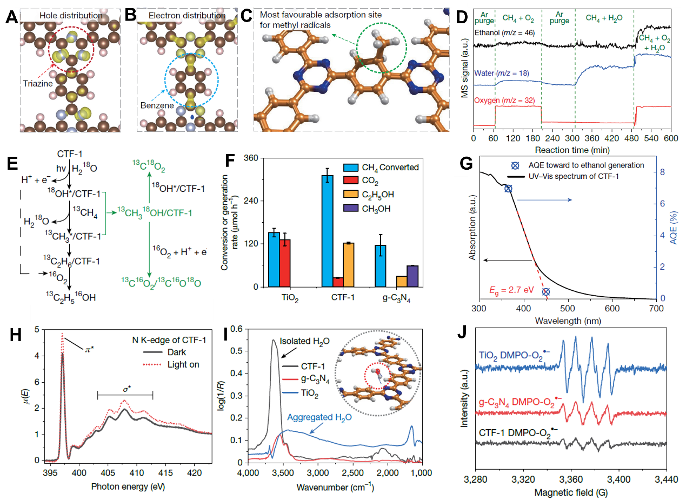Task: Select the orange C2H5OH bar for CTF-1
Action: tap(348, 265)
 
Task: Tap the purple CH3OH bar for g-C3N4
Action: tap(412, 276)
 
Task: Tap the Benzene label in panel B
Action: tap(159, 106)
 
